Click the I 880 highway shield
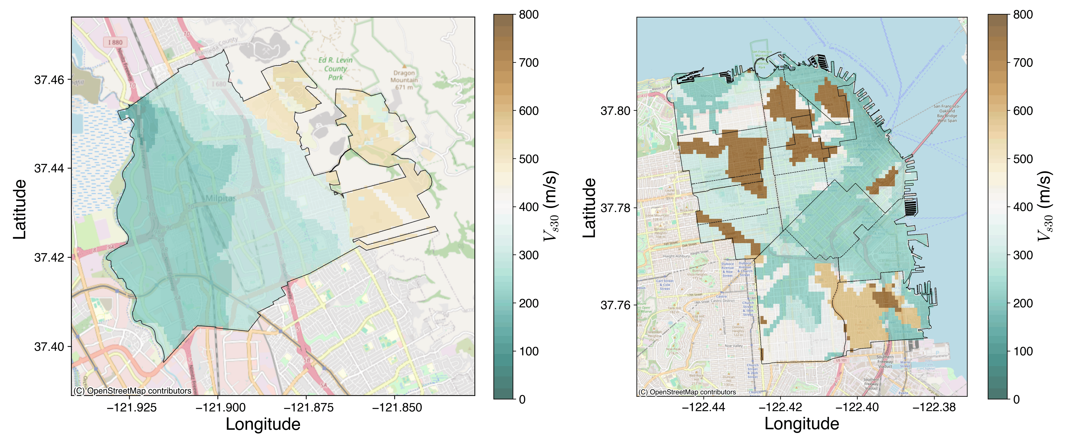115,42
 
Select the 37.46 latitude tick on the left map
49,79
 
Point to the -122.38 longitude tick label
934,407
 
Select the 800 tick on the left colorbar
529,15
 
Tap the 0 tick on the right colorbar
1016,399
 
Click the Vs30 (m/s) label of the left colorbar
550,206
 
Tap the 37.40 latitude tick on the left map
49,347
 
